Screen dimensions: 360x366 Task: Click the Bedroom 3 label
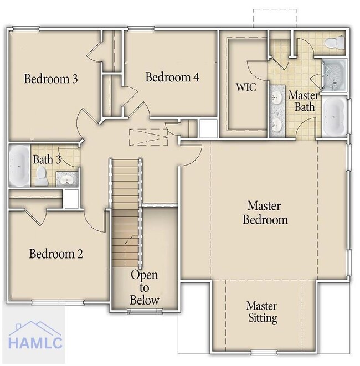50,79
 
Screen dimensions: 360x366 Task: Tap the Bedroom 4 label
172,77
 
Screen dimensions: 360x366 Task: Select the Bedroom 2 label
56,254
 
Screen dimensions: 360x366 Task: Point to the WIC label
246,87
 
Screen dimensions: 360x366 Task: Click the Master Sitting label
262,312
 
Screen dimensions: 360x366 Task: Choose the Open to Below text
145,287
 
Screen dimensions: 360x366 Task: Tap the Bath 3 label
47,159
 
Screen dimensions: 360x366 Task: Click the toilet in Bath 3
42,176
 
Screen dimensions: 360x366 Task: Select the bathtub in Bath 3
19,166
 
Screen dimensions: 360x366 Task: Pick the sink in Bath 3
67,179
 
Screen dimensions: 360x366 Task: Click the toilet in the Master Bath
335,43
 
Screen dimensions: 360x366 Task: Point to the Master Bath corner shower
334,75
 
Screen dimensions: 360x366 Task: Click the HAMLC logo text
35,343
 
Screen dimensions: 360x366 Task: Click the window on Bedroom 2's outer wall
58,302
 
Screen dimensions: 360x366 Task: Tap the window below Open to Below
145,311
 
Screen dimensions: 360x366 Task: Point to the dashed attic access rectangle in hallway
149,137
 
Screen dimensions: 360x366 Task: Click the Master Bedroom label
265,213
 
